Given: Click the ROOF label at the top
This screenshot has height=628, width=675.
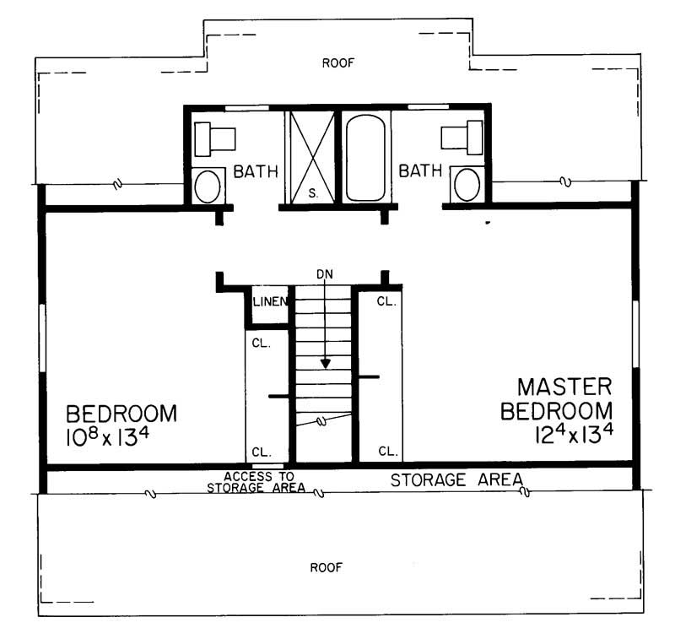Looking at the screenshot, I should tap(337, 62).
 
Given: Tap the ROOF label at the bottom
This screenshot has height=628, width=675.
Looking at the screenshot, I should tap(325, 566).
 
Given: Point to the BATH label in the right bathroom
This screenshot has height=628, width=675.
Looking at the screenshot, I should tap(420, 171).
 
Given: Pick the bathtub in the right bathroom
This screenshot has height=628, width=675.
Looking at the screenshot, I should tap(365, 158).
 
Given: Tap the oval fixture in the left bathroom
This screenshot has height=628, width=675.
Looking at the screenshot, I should tap(208, 186).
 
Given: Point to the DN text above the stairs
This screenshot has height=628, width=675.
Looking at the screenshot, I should tap(325, 274).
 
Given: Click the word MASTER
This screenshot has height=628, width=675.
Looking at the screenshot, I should tap(564, 387).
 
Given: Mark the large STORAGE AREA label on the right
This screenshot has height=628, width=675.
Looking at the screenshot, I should tap(456, 480).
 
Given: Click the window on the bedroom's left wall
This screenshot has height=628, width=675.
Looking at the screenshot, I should tap(40, 338).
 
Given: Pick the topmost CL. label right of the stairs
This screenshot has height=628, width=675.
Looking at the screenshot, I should tap(387, 301).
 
